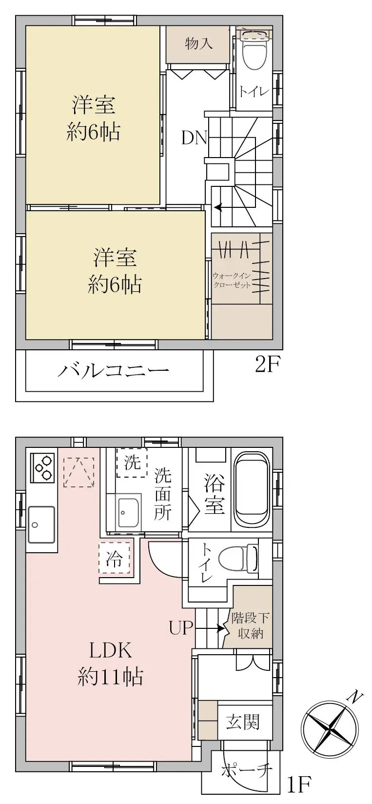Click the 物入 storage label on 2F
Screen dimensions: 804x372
coord(198,44)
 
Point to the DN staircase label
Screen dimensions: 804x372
coord(195,138)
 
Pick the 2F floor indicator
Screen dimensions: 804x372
coord(268,364)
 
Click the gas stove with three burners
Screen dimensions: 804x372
coord(42,468)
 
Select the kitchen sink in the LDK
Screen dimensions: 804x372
coord(41,525)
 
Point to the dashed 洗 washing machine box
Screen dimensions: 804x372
coord(132,462)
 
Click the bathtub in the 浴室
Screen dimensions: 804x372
coord(252,489)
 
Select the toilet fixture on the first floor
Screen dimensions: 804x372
coord(239,558)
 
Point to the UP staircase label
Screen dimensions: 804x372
coord(181,628)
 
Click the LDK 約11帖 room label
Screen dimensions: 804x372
coord(110,663)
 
